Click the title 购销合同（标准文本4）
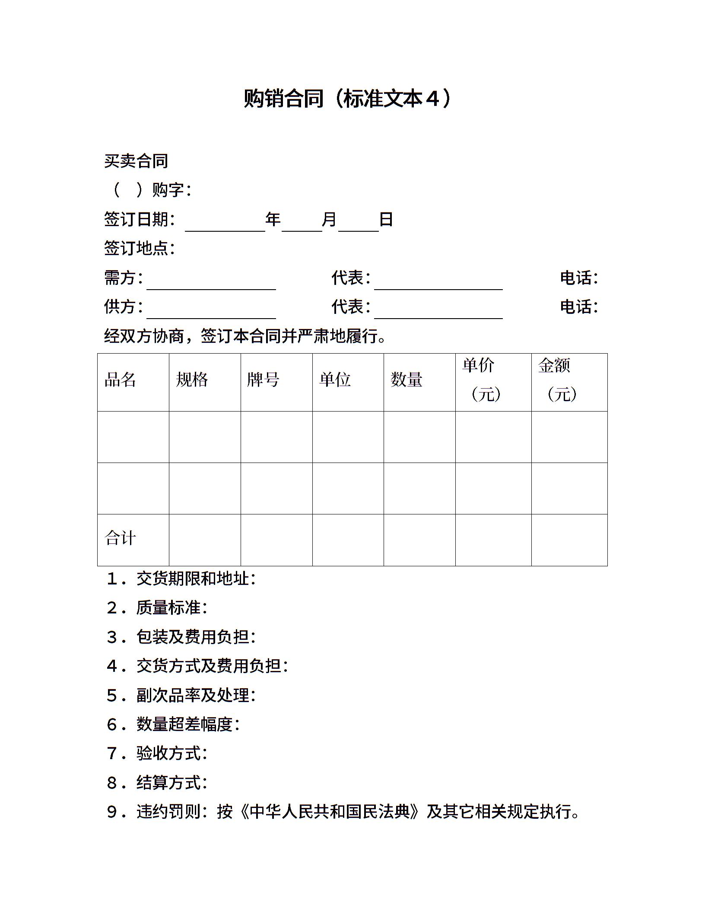[347, 99]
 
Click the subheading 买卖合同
[136, 161]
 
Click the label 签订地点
[139, 248]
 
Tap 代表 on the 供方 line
[350, 306]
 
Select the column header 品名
[120, 380]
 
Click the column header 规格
[192, 380]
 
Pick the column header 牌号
[263, 380]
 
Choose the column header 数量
[406, 380]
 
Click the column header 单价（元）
[482, 380]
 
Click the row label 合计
[120, 538]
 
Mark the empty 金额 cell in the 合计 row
[569, 540]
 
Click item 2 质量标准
[171, 608]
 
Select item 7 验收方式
[171, 753]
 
